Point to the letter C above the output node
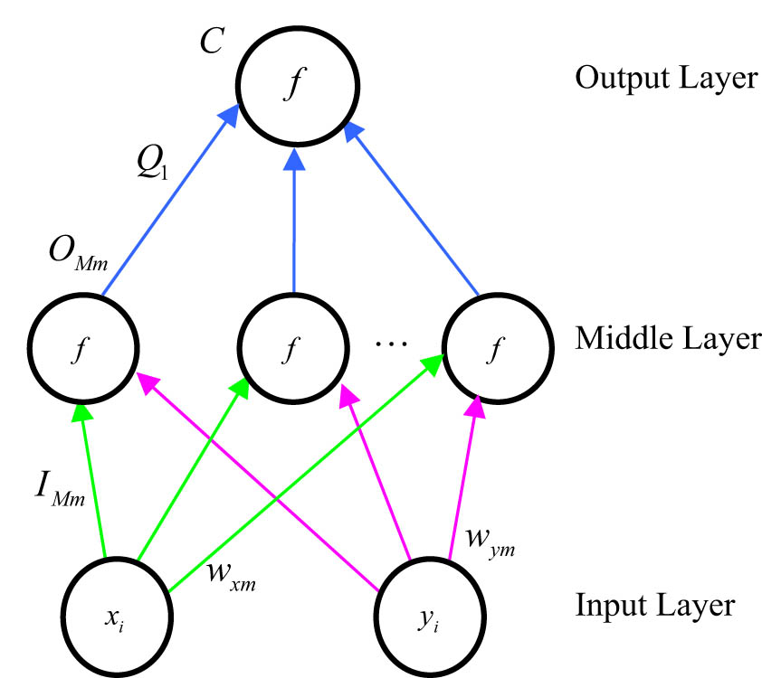211,42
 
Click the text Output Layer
665,79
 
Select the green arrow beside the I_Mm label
93,479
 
